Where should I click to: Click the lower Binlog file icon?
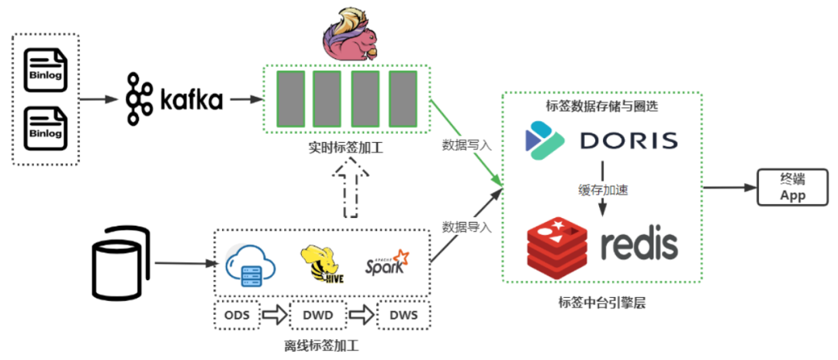point(46,128)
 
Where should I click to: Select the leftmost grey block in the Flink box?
point(291,99)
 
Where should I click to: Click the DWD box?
point(318,314)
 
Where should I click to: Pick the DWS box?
point(403,314)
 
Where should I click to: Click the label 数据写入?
point(466,144)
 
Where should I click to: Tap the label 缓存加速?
point(602,189)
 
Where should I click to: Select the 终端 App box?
point(792,188)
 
